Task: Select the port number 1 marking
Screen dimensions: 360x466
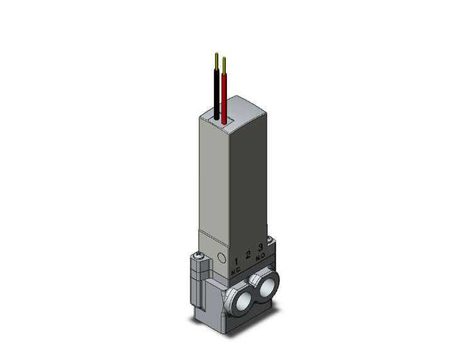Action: click(x=236, y=260)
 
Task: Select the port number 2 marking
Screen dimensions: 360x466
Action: click(x=248, y=255)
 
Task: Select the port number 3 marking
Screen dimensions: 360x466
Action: click(x=260, y=250)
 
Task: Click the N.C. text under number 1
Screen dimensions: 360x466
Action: click(x=236, y=271)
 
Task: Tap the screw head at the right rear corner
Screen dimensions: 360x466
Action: click(x=270, y=239)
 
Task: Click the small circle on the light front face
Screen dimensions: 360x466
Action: click(x=221, y=257)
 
